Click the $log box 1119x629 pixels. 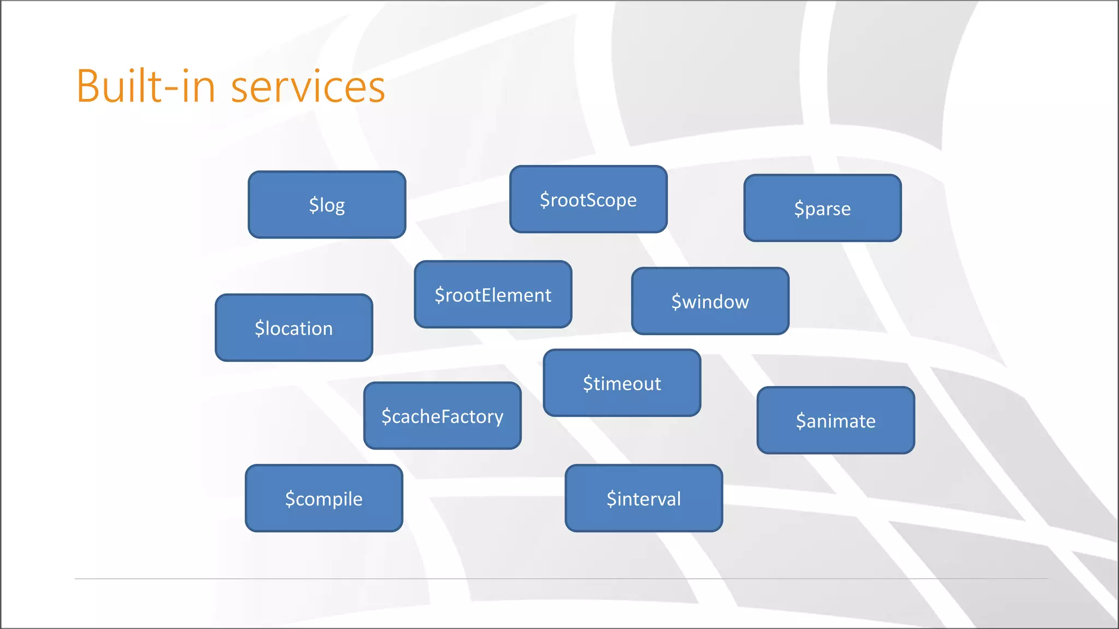pos(327,205)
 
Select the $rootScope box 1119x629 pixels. pos(588,199)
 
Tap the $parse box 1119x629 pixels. pos(822,208)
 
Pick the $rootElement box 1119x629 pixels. pos(493,295)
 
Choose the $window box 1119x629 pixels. pos(710,301)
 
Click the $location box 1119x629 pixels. pos(294,328)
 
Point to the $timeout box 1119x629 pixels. pos(622,383)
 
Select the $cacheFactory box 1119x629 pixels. pos(442,416)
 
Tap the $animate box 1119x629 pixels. pos(835,420)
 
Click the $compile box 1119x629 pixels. pos(324,499)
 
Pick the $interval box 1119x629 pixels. pos(644,499)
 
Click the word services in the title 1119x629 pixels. pos(308,87)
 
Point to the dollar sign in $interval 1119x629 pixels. pos(611,499)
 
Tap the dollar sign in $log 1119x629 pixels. pos(314,205)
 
